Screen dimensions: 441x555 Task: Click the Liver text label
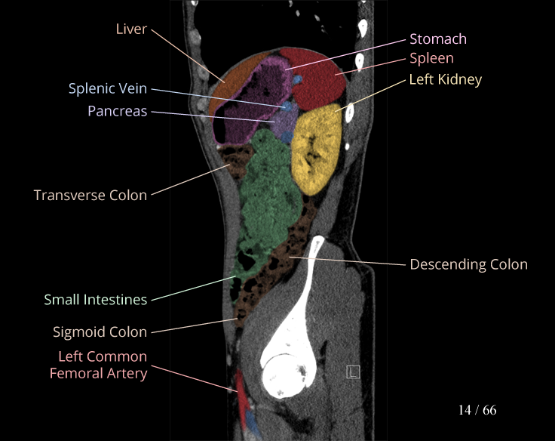(x=131, y=29)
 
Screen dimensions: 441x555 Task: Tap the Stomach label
(x=438, y=39)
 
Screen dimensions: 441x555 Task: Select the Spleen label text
(x=431, y=58)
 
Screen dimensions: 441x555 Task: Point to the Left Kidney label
(x=445, y=79)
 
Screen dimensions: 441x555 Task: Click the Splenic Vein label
(x=108, y=88)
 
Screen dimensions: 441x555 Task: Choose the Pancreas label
(x=117, y=111)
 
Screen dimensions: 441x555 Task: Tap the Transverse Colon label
(x=90, y=195)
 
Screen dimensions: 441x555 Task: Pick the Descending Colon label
(x=468, y=264)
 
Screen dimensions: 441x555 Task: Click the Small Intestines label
(x=95, y=300)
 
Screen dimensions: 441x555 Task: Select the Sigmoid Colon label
(x=100, y=332)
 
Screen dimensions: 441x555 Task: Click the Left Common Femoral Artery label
(x=98, y=364)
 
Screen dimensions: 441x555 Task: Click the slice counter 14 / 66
(x=477, y=410)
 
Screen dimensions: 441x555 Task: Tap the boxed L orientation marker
(x=353, y=372)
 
